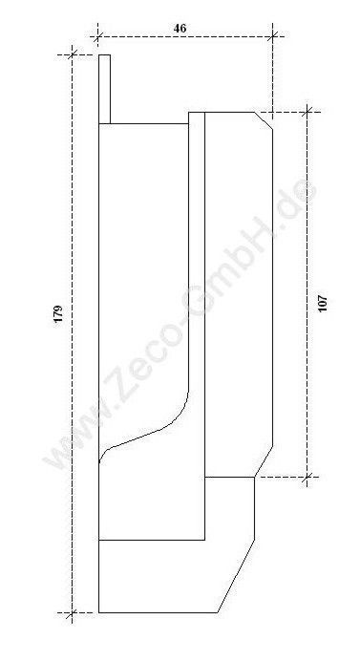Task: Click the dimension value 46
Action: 180,29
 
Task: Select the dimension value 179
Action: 58,313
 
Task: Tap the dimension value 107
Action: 323,303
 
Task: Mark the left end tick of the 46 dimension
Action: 98,36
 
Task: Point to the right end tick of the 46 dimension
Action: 273,36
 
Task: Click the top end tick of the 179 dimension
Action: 73,54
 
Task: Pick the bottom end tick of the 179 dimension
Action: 73,612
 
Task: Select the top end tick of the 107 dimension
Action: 307,112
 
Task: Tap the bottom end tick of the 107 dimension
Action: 307,477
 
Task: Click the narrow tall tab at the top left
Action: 105,89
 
